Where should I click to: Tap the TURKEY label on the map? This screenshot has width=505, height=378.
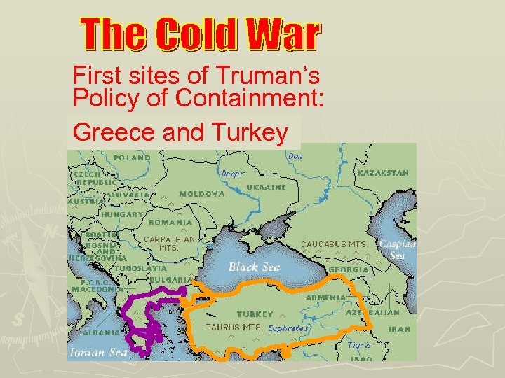255,314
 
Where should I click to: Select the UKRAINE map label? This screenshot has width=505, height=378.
267,188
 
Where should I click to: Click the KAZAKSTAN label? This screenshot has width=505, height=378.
383,172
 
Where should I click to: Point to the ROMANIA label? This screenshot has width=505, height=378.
170,222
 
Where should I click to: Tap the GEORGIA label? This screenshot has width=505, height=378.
349,269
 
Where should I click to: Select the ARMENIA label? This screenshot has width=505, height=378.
325,297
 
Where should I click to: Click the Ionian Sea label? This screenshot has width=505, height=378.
98,353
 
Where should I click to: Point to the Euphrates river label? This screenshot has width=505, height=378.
289,328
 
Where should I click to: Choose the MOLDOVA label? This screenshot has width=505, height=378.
202,194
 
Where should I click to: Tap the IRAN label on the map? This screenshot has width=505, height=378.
400,328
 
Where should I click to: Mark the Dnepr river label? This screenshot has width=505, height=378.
232,171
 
